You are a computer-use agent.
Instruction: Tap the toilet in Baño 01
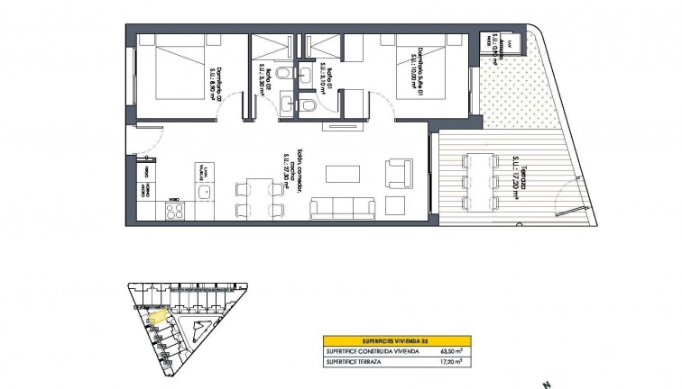308,106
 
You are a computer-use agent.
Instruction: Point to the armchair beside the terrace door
398,172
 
